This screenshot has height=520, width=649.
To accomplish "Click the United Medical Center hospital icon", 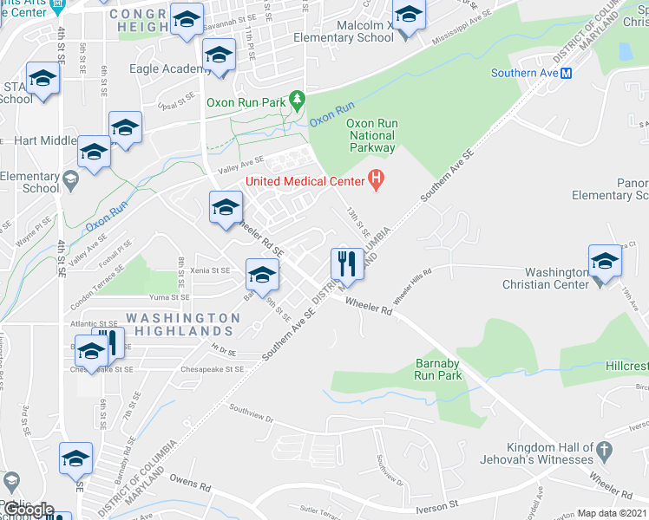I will tap(377, 181).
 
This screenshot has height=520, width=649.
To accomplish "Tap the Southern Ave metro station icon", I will tap(566, 74).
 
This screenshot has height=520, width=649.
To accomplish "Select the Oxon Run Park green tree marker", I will tap(297, 103).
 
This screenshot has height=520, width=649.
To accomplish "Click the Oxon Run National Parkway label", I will tap(372, 135).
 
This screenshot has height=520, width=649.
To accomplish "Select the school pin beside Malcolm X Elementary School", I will tap(409, 17).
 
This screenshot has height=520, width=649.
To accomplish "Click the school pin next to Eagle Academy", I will tap(220, 56).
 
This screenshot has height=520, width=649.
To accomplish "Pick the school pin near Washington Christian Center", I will tap(605, 261).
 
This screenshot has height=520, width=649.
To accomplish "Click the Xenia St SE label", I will tap(211, 270).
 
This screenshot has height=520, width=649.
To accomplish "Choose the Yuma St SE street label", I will tap(168, 297).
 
